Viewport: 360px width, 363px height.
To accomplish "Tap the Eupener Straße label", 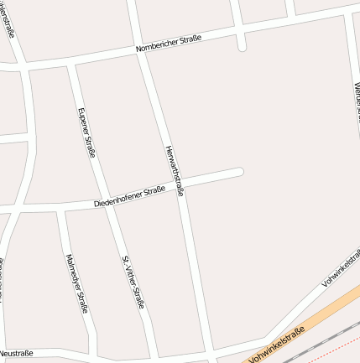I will coord(86,132).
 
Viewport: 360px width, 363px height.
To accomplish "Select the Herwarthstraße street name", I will coord(174,171).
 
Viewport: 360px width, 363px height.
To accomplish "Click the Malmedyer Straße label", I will coord(76,283).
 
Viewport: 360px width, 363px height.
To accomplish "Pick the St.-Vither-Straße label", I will coord(133,282).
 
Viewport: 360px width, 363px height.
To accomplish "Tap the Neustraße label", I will coord(17,353).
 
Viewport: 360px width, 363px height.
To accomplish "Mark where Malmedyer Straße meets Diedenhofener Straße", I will coord(61,208).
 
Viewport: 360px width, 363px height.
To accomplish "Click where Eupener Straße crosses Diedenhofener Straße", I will coord(104,201).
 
